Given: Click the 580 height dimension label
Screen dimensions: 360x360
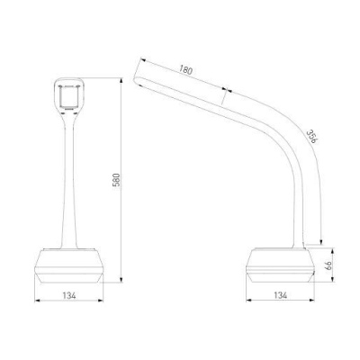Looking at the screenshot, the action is (116, 180).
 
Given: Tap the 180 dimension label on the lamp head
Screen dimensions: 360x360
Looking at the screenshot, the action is (185, 70).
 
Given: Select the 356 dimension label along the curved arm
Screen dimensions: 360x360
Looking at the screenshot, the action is (311, 137).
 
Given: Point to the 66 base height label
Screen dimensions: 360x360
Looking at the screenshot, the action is (328, 265).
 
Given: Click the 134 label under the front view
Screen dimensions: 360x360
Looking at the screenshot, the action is (69, 295).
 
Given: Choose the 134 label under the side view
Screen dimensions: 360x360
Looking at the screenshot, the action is (281, 295).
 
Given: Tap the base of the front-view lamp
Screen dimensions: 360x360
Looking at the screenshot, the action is (69, 265).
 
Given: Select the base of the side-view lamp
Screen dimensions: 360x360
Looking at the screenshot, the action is (280, 265).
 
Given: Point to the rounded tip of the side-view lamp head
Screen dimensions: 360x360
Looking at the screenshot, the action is (136, 80).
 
